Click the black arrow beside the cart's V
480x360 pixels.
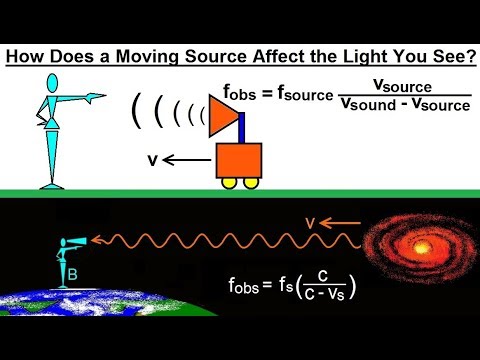point(182,158)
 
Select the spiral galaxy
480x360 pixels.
point(419,246)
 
